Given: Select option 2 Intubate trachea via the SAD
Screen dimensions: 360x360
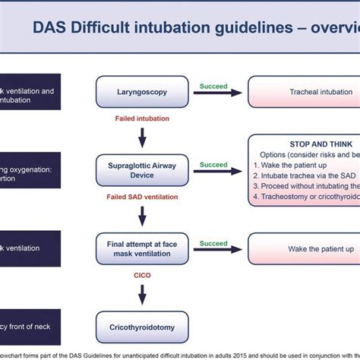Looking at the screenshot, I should (308, 175).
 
